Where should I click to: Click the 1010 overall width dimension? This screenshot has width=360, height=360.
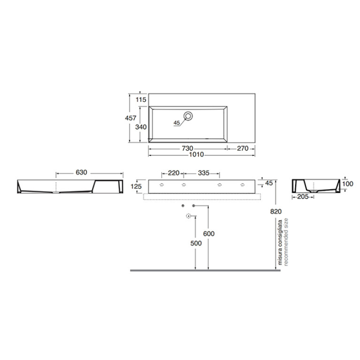coord(196,154)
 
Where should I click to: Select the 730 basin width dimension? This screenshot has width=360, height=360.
coord(187,148)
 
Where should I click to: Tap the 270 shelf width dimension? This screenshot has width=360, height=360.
coord(243,148)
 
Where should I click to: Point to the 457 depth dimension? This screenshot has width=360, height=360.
coord(130,118)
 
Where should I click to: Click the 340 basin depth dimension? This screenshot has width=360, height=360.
coord(141,127)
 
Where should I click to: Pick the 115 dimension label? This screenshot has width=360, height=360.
coord(141,100)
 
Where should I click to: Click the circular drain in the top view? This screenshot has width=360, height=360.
coord(188,116)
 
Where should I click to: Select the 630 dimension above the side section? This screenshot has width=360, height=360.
coord(82,172)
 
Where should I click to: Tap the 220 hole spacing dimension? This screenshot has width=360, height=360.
coord(174,173)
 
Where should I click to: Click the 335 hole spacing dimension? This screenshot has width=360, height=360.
coord(204,173)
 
